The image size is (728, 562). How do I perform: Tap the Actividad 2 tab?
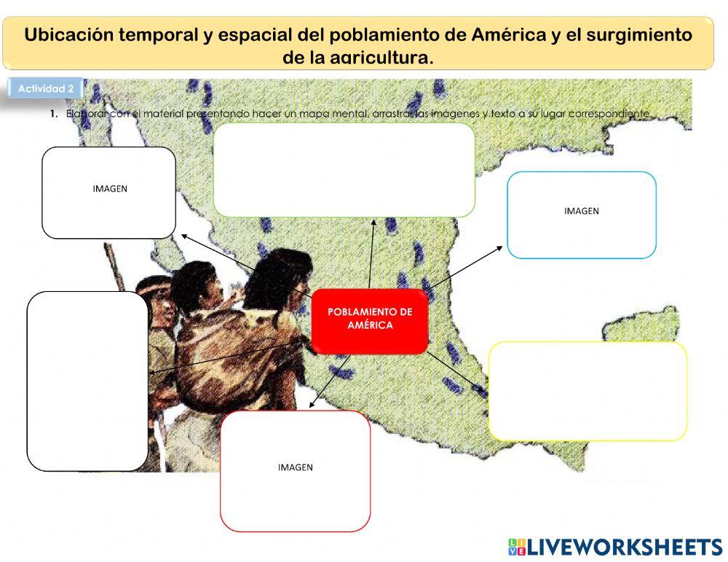[x=45, y=89]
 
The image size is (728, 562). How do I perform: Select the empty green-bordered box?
[x=344, y=170]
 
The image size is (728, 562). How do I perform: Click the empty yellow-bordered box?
[x=587, y=391]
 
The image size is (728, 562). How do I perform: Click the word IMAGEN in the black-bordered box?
[x=110, y=189]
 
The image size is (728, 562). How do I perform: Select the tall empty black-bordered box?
[x=87, y=381]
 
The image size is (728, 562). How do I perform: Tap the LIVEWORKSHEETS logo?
[x=614, y=547]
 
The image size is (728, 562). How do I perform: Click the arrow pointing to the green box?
[x=371, y=255]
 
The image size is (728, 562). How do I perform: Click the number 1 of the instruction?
[x=53, y=114]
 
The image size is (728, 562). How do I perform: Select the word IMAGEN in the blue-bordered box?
[x=581, y=211]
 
